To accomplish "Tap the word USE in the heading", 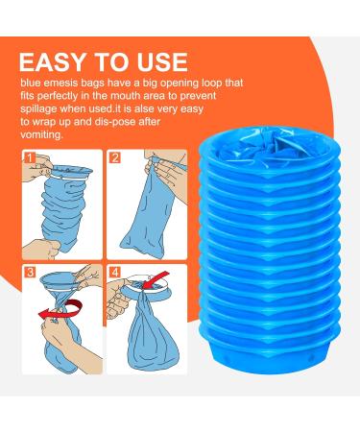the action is coord(162,61).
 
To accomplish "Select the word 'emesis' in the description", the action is coord(60,83).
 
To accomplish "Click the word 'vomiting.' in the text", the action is coord(41,134).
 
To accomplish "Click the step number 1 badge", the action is coord(30,157).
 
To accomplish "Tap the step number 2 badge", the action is coord(115,157).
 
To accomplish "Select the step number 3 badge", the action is coord(30,273).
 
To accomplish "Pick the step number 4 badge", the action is coord(115,273).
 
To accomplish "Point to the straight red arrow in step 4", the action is coord(156,279).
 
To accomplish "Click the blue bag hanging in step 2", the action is coord(149,215).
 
